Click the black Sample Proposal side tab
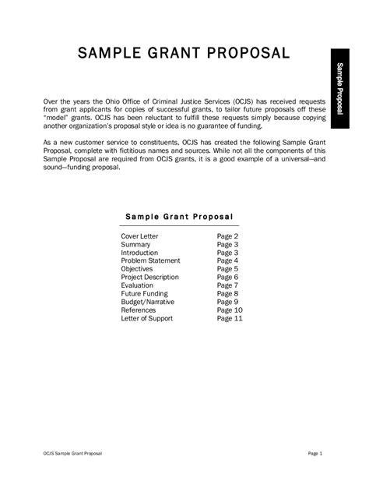click(x=340, y=93)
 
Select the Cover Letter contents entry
click(x=140, y=235)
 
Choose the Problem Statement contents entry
click(x=150, y=260)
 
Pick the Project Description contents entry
click(x=150, y=277)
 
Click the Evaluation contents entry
click(x=138, y=285)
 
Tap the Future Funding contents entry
click(x=144, y=293)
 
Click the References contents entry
click(x=139, y=310)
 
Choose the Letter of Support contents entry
click(x=146, y=318)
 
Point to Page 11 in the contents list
click(x=230, y=318)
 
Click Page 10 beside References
click(x=230, y=310)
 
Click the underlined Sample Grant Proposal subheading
click(x=180, y=214)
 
